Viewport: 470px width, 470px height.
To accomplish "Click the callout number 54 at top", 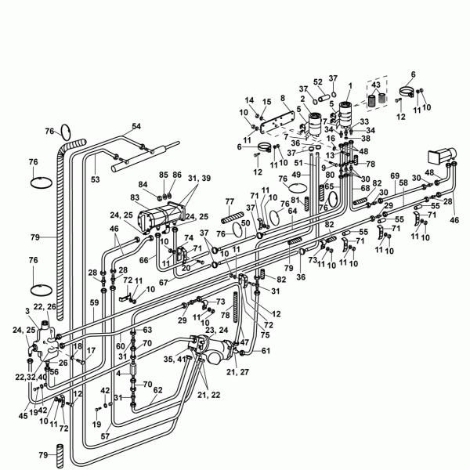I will coord(136,126).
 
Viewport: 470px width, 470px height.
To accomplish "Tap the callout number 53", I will coord(95,179).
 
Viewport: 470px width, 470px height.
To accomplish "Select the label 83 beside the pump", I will coord(135,197).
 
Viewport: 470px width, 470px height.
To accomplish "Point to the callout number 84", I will coord(143,185).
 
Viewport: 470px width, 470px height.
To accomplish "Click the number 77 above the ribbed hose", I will coord(230,201).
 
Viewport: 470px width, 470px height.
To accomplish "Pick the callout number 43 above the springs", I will coord(377,85).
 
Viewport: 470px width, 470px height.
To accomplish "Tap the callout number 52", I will coord(318,81).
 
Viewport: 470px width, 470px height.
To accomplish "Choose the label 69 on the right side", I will coord(395,175).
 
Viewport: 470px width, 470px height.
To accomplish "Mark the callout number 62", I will coord(157,389).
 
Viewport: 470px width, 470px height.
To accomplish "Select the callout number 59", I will coord(94,302).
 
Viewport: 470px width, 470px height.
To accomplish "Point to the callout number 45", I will coord(23,415).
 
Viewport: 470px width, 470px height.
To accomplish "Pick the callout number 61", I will coord(266,350).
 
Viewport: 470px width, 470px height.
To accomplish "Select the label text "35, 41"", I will coord(173,359).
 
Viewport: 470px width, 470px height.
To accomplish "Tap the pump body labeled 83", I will coord(161,214).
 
